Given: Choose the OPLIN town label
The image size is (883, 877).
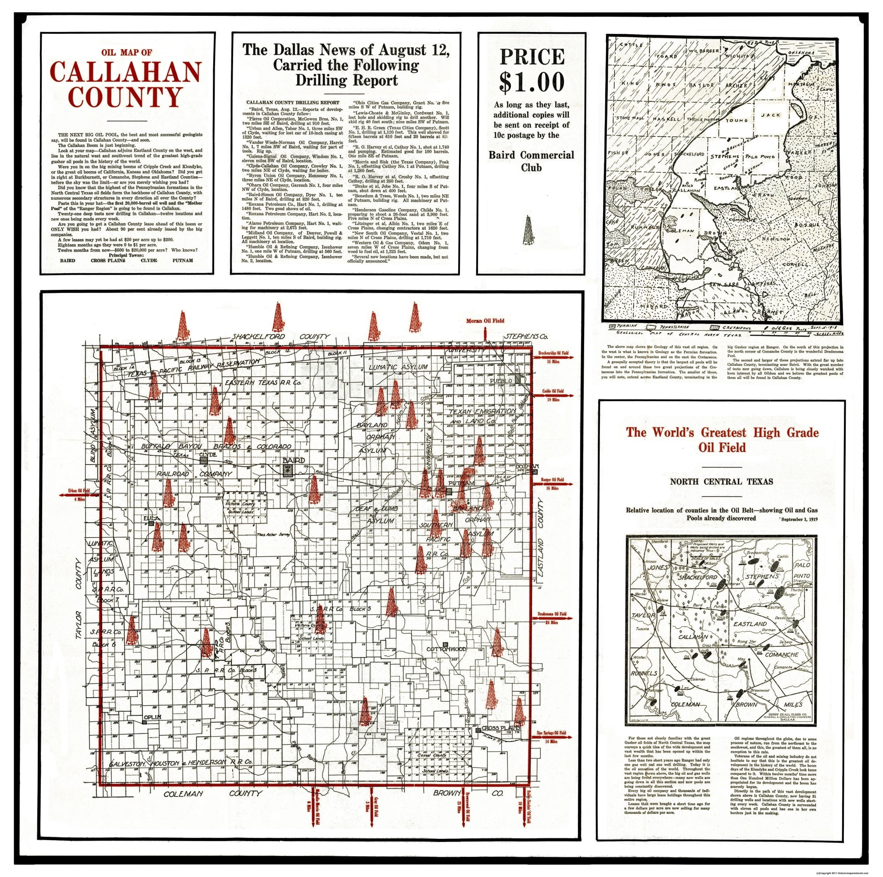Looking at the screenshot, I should coord(153,717).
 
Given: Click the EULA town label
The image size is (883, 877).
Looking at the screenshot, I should coord(151,518).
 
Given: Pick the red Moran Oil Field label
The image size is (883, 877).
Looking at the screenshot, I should coord(485,321).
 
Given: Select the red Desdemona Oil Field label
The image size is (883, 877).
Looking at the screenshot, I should coord(552,614).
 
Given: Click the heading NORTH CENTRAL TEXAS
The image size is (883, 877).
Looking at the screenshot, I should coord(721,481).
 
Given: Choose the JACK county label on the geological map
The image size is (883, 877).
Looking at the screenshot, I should coord(771,115).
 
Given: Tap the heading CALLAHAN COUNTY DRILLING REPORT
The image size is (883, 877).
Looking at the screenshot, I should coord(293,102).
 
